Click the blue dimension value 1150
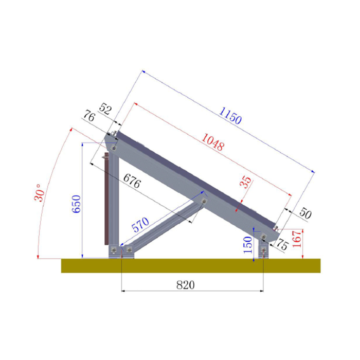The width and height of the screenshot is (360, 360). point(230,116)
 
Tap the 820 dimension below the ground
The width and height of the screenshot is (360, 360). point(185,284)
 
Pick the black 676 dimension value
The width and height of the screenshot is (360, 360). point(133,181)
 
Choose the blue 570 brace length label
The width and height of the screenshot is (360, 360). point(140,225)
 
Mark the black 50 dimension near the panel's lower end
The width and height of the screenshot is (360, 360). point(304,213)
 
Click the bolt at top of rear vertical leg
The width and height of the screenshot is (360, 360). point(113,148)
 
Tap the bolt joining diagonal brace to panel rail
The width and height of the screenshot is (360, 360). point(204,202)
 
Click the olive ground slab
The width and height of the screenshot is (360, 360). point(190,265)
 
